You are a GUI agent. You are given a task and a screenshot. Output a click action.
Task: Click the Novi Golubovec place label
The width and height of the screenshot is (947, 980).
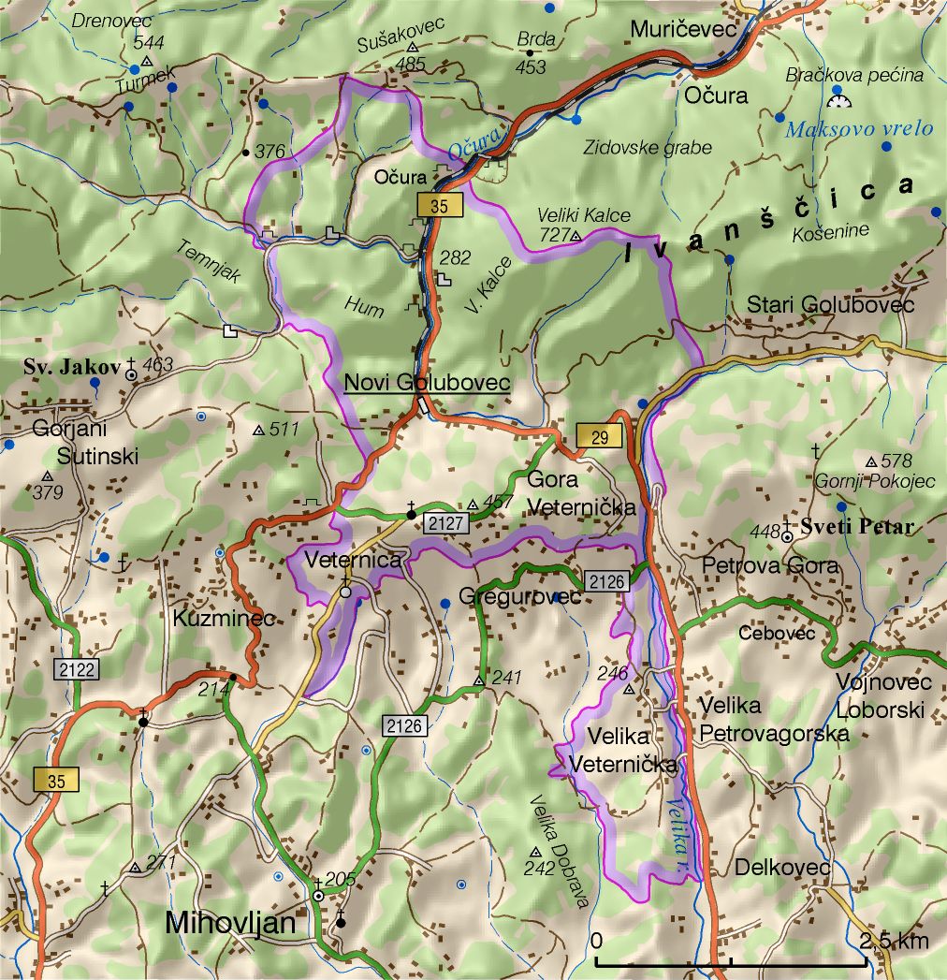(427, 383)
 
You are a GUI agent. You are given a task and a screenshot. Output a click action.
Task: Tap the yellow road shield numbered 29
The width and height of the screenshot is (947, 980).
(599, 436)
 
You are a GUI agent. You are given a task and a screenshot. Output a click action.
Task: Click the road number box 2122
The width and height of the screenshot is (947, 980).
(76, 669)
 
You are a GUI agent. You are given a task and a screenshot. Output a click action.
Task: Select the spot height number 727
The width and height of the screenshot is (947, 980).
(554, 235)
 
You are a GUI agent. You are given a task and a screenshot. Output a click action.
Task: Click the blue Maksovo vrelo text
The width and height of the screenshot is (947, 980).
(858, 129)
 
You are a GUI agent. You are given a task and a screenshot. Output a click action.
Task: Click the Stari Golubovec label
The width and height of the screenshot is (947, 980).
(830, 305)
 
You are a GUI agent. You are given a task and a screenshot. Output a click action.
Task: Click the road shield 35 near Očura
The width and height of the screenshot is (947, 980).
(439, 207)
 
